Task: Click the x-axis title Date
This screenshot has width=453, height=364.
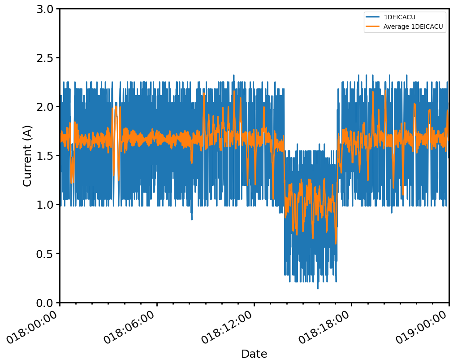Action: pyautogui.click(x=254, y=354)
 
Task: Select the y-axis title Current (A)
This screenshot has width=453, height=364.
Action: pyautogui.click(x=27, y=156)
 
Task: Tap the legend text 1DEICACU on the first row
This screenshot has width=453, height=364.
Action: pyautogui.click(x=399, y=17)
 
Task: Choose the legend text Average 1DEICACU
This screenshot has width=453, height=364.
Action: pyautogui.click(x=413, y=26)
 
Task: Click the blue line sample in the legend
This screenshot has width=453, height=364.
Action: pyautogui.click(x=373, y=17)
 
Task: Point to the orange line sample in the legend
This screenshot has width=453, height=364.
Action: pyautogui.click(x=373, y=26)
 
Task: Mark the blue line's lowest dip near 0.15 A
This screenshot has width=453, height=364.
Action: pyautogui.click(x=318, y=288)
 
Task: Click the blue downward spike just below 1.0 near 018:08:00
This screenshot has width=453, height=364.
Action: pyautogui.click(x=192, y=219)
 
